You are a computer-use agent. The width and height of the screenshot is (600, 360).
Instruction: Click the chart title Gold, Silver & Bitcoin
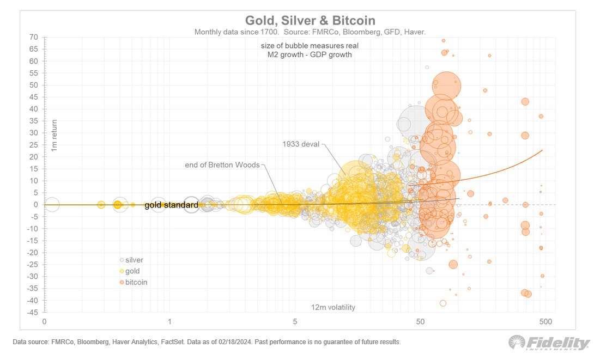click(310, 20)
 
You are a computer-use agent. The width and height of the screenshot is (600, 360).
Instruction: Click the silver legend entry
click(134, 260)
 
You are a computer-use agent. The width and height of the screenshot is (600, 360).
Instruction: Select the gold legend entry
click(132, 271)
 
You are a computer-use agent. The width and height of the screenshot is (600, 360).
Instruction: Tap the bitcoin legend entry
click(135, 282)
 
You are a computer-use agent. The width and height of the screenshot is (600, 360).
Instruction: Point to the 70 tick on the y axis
click(34, 37)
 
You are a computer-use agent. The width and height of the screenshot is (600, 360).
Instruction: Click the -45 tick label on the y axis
click(32, 313)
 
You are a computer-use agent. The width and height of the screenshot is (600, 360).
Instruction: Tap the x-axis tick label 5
click(295, 322)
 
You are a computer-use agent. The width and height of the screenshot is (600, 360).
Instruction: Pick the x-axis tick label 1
click(169, 322)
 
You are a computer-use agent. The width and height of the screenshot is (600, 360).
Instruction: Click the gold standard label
click(171, 205)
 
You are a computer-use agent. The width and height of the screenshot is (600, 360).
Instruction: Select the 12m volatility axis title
click(333, 307)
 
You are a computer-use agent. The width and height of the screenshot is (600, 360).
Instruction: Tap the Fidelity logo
click(549, 343)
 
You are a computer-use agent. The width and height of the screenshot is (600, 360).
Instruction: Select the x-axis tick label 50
click(420, 322)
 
